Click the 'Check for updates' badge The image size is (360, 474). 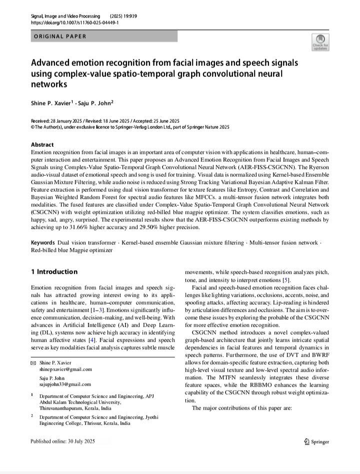[320, 42]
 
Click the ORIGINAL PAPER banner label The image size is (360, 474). [60, 36]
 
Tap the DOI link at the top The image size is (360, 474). [74, 23]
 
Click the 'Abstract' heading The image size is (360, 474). [42, 145]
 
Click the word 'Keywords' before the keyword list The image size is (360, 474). [43, 243]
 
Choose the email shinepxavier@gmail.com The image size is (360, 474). [65, 369]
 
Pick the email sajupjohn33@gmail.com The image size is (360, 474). [65, 385]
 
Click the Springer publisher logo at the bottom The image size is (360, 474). [316, 442]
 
